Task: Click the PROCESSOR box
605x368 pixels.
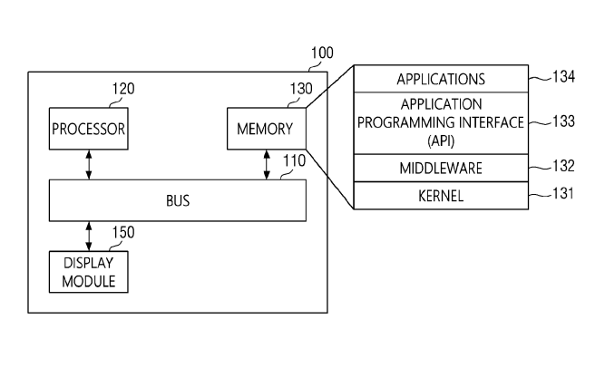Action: (88, 130)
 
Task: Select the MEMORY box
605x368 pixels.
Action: (266, 130)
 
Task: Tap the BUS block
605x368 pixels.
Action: (177, 199)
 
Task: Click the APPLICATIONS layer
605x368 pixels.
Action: (440, 79)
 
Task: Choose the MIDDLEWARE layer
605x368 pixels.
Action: (440, 168)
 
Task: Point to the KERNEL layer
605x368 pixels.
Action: (440, 194)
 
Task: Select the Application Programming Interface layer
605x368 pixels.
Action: (440, 122)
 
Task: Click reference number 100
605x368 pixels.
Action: (321, 53)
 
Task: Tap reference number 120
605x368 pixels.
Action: (122, 90)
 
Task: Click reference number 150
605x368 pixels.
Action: (122, 233)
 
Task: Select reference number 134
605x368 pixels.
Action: (564, 79)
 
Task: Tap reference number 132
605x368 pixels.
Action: (564, 168)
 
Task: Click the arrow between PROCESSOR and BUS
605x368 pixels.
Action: (88, 165)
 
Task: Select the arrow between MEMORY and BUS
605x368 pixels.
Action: (266, 165)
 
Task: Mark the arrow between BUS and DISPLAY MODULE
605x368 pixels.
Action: (88, 235)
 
